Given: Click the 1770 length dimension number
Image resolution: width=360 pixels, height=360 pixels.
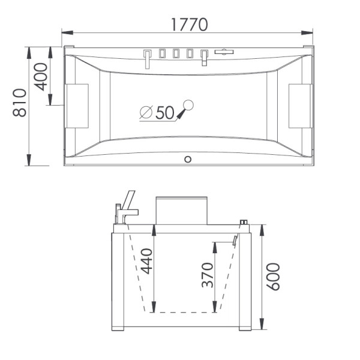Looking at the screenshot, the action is point(190,25).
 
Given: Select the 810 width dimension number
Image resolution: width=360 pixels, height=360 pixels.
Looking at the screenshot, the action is point(20,103).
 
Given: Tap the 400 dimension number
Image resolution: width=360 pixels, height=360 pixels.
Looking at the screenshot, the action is point(41,77).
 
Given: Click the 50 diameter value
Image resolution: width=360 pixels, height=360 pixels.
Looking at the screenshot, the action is point(165,113).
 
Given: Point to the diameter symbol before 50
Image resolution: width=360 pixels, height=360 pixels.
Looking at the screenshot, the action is point(146,112).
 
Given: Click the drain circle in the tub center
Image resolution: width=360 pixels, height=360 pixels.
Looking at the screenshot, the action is point(188,105).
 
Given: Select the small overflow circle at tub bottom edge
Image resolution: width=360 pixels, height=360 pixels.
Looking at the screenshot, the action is point(188,160).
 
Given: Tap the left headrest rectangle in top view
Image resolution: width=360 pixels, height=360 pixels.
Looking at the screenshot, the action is point(77,106).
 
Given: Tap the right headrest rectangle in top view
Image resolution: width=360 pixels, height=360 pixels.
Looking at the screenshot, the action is point(301,106).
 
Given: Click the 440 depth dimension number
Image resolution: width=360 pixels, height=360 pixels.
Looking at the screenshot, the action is point(146,261).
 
